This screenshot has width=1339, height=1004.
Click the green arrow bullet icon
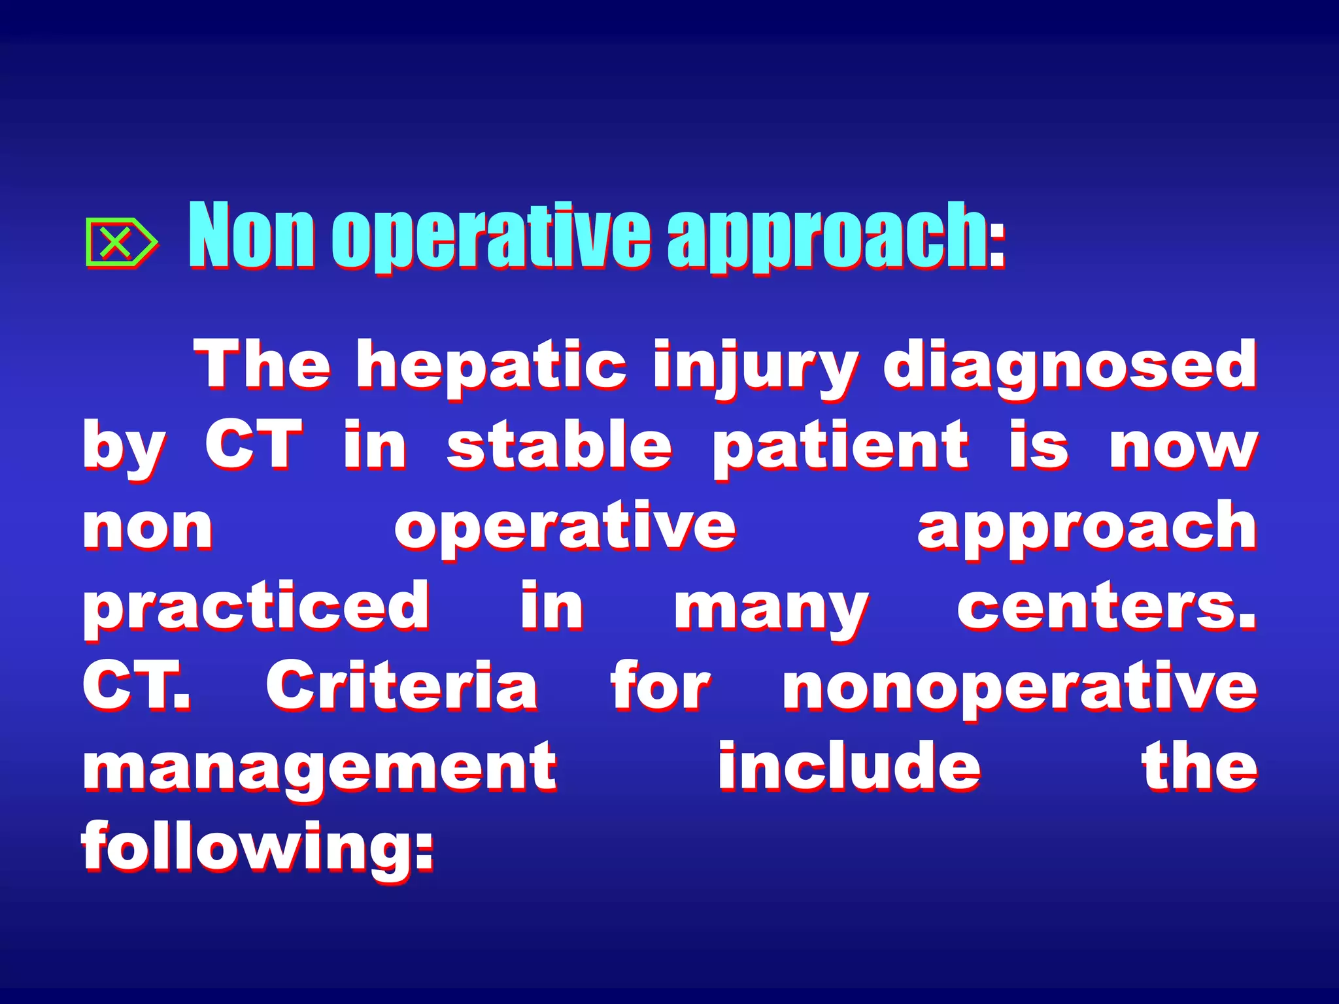coord(120,243)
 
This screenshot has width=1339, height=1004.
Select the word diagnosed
coord(1070,366)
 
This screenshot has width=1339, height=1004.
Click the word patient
coord(841,447)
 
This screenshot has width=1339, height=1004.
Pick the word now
coord(1183,448)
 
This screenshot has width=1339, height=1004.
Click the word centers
coord(1105,607)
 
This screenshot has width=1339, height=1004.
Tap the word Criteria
coord(401,686)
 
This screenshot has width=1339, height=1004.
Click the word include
coord(849,766)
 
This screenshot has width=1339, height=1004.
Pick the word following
coord(258,848)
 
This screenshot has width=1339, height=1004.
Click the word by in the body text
coord(124,448)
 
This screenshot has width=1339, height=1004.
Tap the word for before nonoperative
coord(660,686)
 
